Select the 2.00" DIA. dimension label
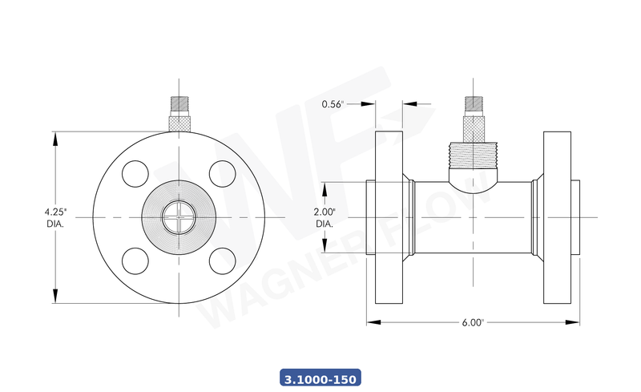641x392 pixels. [325, 217]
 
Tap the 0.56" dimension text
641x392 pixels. [333, 104]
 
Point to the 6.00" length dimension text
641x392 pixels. [473, 323]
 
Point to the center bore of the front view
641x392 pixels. [179, 217]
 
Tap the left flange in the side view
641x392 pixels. [389, 217]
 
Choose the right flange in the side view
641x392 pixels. [558, 217]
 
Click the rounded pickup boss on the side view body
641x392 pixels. [473, 172]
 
